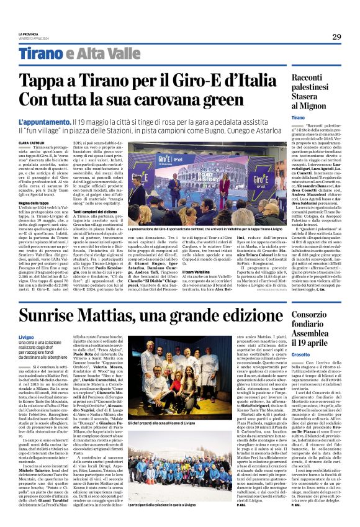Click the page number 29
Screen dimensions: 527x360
coord(336,37)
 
